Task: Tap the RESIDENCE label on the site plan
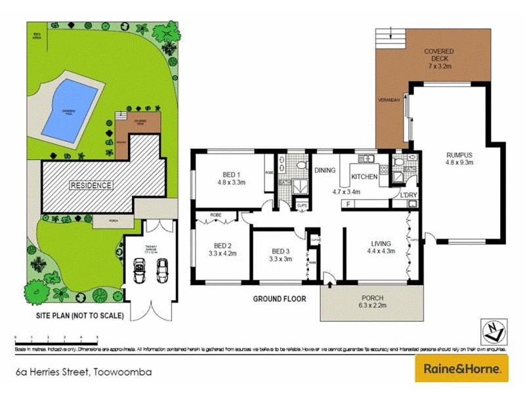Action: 91,185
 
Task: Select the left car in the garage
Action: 140,269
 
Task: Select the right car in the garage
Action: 162,269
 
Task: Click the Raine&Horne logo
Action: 461,368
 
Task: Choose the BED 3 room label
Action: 280,254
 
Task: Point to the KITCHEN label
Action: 364,177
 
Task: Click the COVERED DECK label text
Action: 439,55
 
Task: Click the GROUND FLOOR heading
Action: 280,299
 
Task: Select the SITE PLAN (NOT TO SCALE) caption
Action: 79,316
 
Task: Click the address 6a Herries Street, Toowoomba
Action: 84,372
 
